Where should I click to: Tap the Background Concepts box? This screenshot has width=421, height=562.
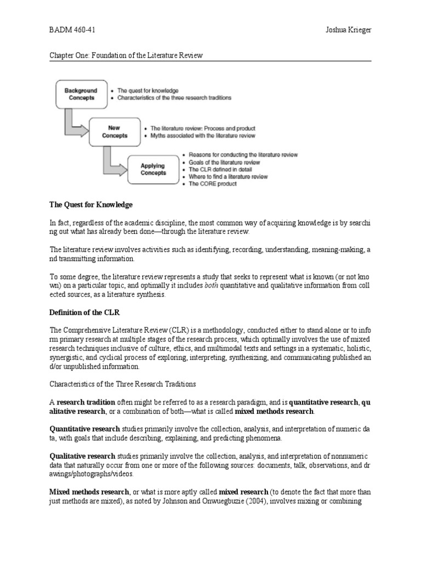click(x=81, y=94)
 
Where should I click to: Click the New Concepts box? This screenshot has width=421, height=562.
click(x=117, y=132)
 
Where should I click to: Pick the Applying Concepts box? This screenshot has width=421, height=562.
click(x=153, y=169)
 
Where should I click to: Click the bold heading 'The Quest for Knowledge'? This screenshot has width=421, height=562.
click(x=91, y=205)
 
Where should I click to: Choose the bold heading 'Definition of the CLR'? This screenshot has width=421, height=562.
click(x=84, y=312)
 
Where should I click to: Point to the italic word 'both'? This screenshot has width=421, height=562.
click(x=211, y=285)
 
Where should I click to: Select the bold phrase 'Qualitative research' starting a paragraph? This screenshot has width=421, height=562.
click(x=82, y=456)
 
